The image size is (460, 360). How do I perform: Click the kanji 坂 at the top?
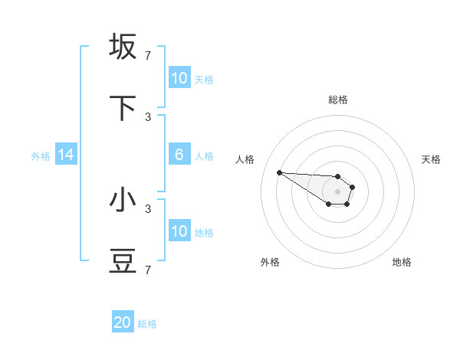(123, 47)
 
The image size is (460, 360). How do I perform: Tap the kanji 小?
(123, 200)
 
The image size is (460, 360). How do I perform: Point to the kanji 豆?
(123, 262)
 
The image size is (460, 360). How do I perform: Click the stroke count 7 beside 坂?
(148, 55)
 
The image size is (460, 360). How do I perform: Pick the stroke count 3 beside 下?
(148, 116)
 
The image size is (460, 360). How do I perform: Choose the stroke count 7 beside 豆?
(148, 270)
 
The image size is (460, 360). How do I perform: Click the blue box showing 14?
(66, 155)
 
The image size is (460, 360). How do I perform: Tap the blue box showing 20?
(123, 323)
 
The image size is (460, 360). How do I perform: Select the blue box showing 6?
(179, 155)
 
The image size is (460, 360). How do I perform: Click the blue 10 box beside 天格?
(179, 78)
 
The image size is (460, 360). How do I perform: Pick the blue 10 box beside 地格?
(179, 231)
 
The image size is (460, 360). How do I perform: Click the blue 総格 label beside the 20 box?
(147, 324)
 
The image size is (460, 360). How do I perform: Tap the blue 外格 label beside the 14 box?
(41, 156)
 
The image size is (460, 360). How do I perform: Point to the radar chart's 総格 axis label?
(338, 100)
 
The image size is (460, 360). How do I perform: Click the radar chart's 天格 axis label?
(431, 159)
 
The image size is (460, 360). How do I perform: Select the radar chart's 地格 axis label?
(402, 262)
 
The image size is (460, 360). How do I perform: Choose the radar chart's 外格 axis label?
(270, 262)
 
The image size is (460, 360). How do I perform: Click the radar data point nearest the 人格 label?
(279, 172)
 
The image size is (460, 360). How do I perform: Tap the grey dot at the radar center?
(337, 191)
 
